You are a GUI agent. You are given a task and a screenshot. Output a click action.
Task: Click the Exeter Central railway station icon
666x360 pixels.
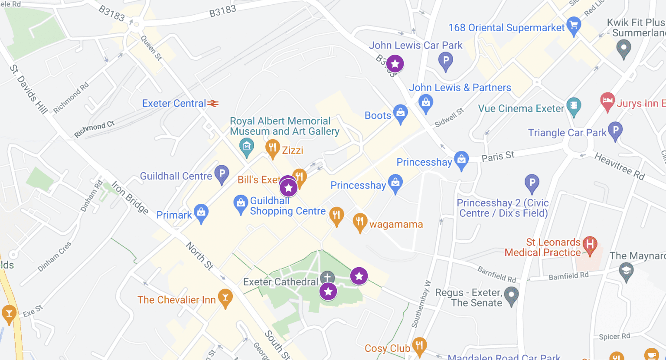(212, 103)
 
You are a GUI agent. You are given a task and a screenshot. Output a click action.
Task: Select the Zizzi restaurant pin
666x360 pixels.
(272, 148)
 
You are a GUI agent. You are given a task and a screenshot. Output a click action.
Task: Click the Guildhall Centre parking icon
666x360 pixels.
(222, 174)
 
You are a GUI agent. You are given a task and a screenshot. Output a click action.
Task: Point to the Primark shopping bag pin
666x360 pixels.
(201, 213)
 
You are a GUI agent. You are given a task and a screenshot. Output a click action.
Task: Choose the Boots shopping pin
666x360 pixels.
(400, 113)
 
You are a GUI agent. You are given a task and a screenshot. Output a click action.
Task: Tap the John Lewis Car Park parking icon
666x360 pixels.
(445, 60)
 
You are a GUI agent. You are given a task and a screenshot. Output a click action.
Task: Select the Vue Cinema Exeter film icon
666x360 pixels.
(574, 106)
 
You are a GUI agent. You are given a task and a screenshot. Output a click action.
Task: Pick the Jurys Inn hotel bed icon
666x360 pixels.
(607, 101)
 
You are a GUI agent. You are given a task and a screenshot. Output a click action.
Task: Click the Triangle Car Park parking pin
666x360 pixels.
(615, 130)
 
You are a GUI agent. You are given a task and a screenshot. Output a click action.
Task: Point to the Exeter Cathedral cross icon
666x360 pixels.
(327, 278)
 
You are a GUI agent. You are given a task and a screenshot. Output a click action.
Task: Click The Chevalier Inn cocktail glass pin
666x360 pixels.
(225, 298)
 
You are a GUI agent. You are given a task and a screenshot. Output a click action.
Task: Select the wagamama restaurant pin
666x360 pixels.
(359, 222)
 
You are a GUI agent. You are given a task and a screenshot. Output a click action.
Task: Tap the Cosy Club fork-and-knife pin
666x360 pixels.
(419, 346)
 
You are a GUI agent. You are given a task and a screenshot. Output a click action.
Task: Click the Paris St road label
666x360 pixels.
(498, 156)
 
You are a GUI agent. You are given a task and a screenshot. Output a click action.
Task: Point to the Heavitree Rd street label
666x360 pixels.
(619, 166)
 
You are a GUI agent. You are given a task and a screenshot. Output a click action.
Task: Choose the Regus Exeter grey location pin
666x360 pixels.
(512, 296)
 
